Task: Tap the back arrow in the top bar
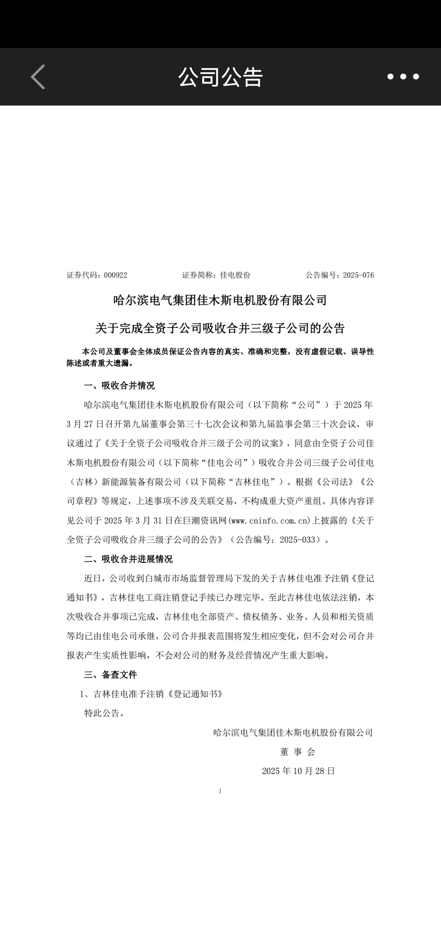pos(38,77)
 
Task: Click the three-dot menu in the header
pos(403,77)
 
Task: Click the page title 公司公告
pos(220,77)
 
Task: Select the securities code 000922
pos(115,275)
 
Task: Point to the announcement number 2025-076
pos(358,275)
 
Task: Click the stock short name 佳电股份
pos(235,275)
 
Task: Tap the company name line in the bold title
pos(220,300)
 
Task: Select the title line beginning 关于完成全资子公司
pos(220,329)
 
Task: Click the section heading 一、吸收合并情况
pos(119,386)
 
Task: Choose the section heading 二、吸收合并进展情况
pos(128,559)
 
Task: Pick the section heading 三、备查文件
pos(110,675)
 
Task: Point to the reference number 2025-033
pos(300,540)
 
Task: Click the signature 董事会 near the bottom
pos(298,752)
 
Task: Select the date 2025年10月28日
pos(298,771)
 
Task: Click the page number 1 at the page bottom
pos(220,791)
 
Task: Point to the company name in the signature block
pos(293,732)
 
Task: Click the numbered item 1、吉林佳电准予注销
pos(152,694)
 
